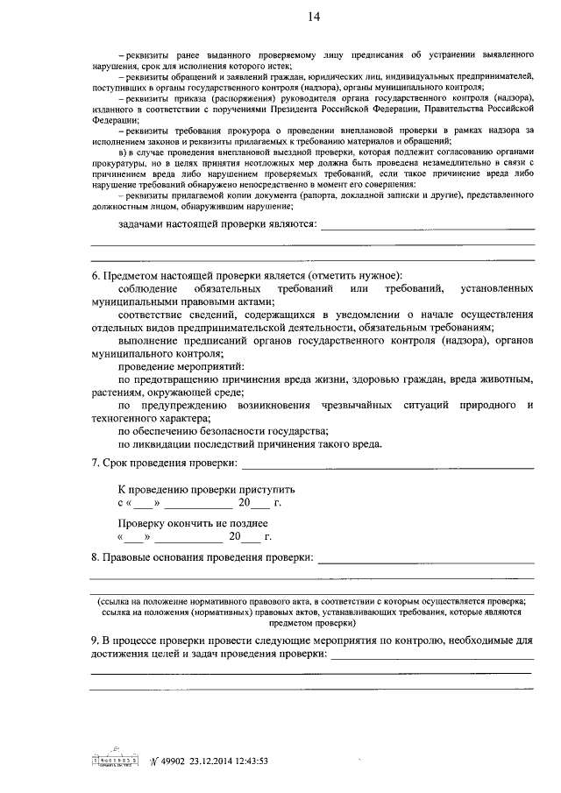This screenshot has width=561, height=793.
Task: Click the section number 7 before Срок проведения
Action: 96,463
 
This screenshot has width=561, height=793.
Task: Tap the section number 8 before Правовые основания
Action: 96,557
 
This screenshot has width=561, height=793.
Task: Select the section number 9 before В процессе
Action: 96,641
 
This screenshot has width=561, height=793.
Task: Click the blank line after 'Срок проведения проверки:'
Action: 387,464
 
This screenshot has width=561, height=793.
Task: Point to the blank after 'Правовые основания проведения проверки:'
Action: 425,559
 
